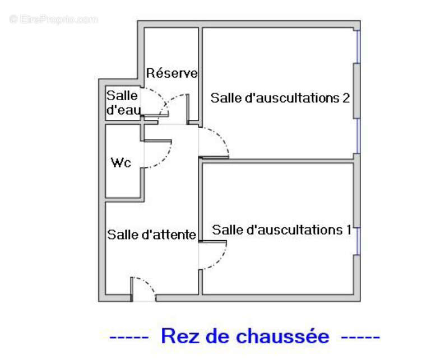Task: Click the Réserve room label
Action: (172, 73)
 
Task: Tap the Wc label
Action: (121, 163)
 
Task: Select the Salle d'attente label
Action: (151, 235)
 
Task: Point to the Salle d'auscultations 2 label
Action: (280, 98)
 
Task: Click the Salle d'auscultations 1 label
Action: (281, 230)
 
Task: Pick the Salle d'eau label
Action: (123, 102)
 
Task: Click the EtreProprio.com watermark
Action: (53, 19)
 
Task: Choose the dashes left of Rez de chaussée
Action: (128, 336)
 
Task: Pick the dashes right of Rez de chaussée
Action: (360, 336)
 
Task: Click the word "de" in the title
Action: (217, 336)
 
